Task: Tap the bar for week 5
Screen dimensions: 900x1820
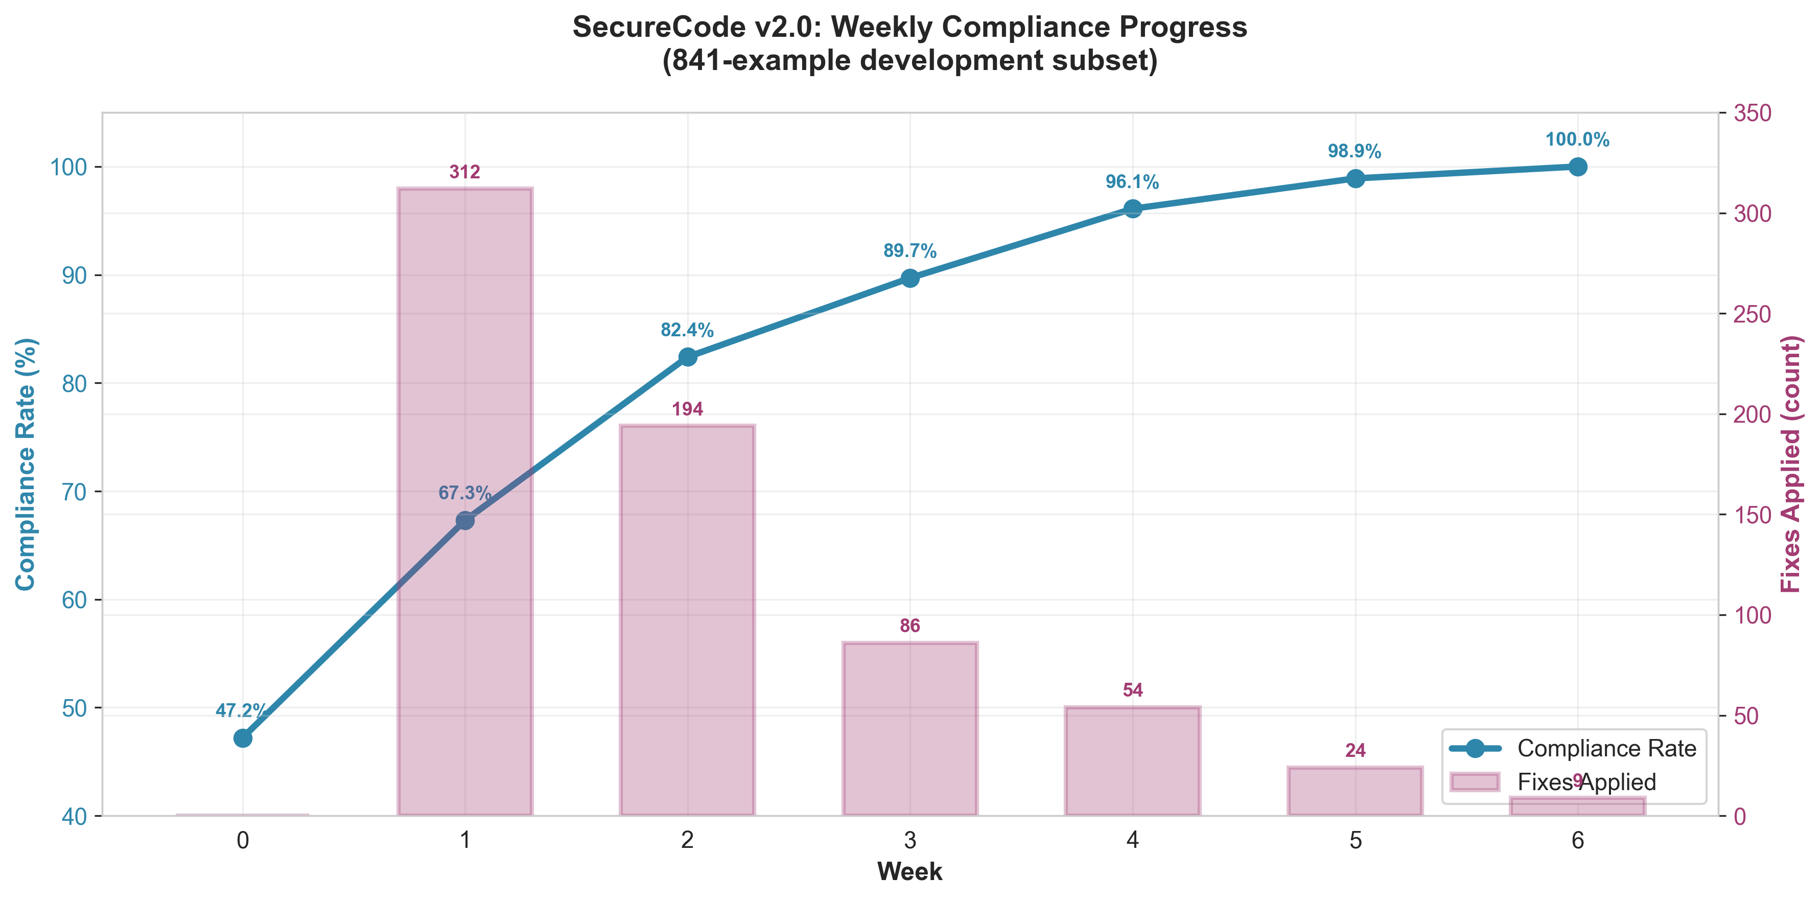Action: point(1355,791)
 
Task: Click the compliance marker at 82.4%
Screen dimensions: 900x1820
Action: point(687,357)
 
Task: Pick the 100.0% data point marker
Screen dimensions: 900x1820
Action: point(1578,167)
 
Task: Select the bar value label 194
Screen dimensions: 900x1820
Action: point(687,409)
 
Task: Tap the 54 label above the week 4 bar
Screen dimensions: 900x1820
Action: point(1133,690)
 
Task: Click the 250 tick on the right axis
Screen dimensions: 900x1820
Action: point(1752,314)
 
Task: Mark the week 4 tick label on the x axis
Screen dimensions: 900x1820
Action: point(1133,841)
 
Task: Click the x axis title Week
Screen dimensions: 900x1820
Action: point(909,872)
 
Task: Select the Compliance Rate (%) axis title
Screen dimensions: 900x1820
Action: point(26,464)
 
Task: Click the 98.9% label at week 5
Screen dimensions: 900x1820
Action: point(1355,151)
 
